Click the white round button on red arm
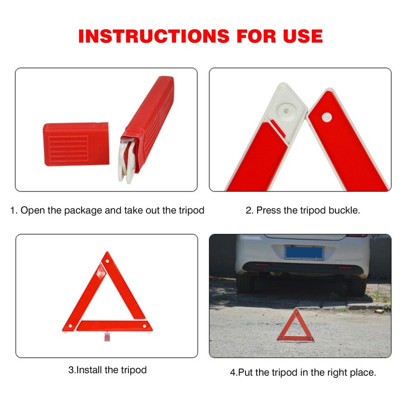coord(327,117)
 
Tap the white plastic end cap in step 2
coord(286,108)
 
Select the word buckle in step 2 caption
coord(344,211)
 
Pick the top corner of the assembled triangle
coord(106,257)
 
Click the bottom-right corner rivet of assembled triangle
coord(145,327)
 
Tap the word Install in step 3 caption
coord(92,370)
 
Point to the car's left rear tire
coord(246,284)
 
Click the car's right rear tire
coord(356,285)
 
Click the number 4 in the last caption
coord(233,373)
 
